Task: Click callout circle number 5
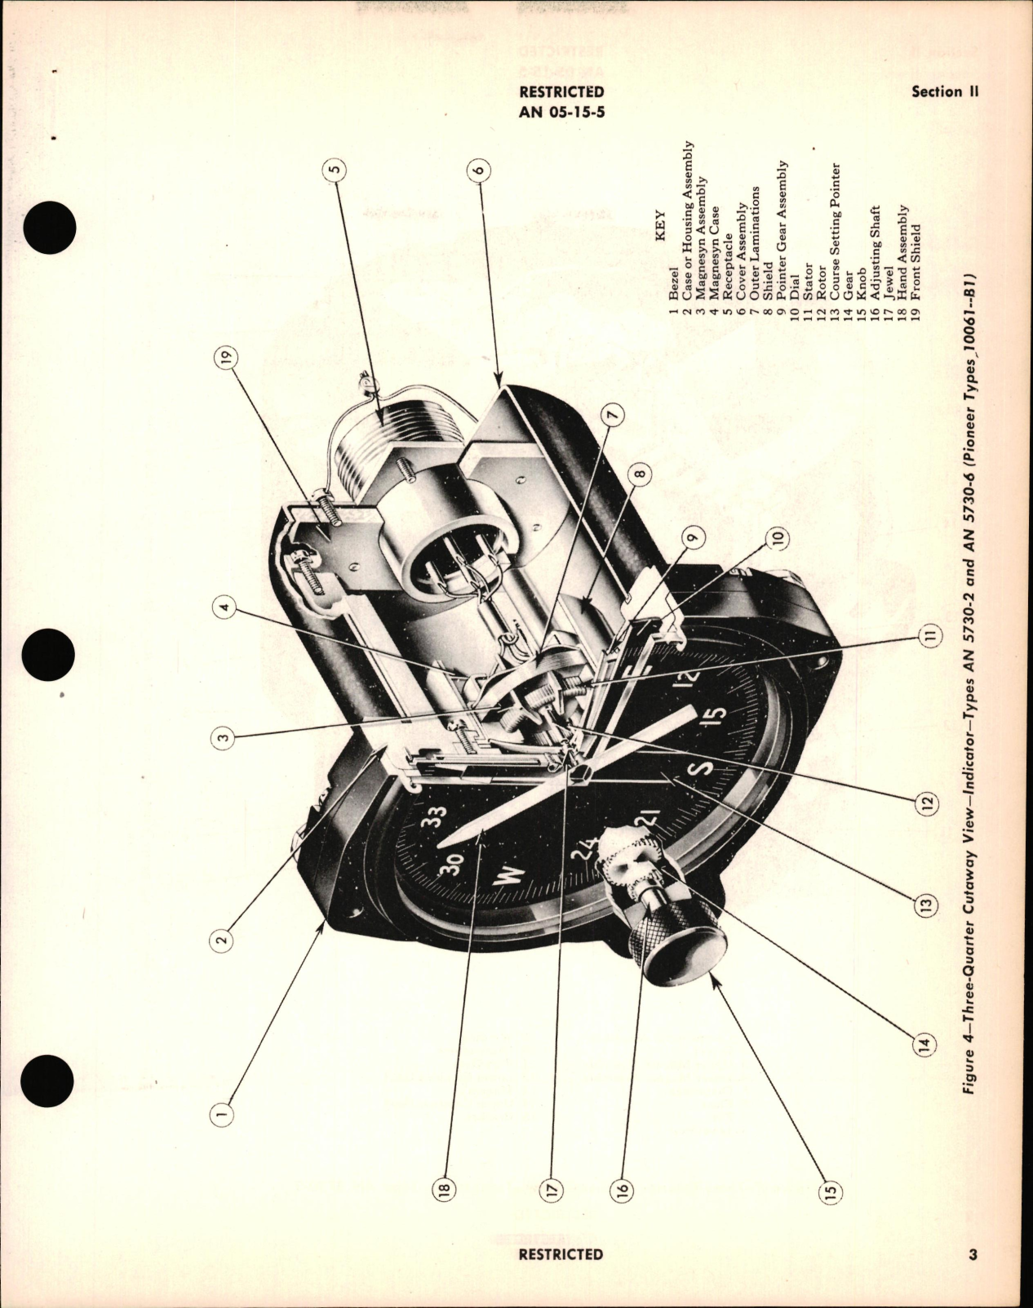coord(335,170)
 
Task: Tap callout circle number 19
coord(225,356)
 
